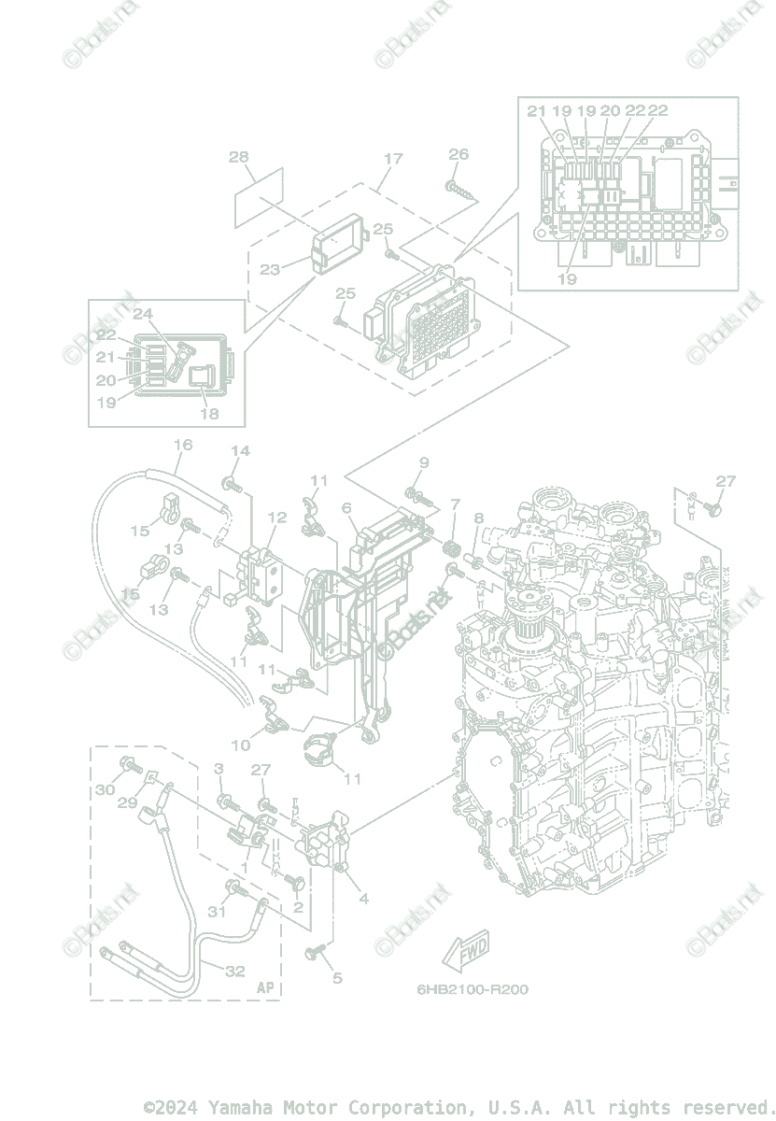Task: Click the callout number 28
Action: [239, 157]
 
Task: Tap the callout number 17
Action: [393, 159]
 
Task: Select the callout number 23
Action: [270, 270]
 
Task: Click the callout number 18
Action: [210, 413]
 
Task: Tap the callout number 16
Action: [183, 445]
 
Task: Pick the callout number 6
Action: [346, 509]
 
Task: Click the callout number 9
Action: [423, 462]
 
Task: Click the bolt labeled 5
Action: [314, 951]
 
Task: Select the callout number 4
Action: [363, 900]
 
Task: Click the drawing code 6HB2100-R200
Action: [472, 989]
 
